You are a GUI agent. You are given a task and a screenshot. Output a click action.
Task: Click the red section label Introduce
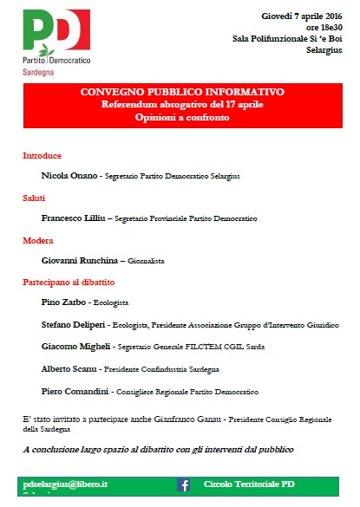(42, 156)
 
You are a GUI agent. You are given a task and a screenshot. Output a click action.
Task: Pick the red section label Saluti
(34, 198)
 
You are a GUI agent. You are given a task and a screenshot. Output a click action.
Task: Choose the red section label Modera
(37, 240)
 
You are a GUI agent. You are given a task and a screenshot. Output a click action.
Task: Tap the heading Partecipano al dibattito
(69, 283)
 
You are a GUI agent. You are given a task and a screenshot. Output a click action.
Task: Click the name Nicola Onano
(69, 176)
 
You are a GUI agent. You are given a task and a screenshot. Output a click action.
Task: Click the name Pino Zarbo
(63, 302)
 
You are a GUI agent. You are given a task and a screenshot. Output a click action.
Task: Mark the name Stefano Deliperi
(75, 324)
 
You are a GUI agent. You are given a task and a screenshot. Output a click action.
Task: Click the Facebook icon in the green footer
(184, 485)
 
